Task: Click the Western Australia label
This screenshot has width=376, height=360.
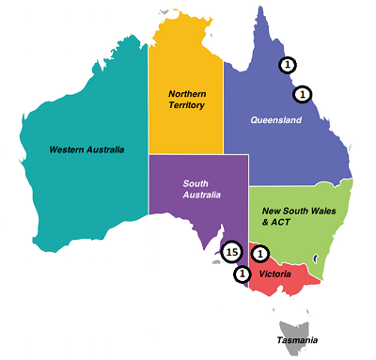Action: [86, 149]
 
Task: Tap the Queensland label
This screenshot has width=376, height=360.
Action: [275, 120]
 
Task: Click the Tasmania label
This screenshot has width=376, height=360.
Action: [297, 339]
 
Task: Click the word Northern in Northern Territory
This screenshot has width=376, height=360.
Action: [188, 94]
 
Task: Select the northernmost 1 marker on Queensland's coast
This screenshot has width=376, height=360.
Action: [288, 65]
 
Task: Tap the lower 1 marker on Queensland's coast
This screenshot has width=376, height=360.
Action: [302, 94]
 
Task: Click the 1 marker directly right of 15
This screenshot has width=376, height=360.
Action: [260, 252]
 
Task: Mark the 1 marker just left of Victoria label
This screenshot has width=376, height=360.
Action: [243, 274]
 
